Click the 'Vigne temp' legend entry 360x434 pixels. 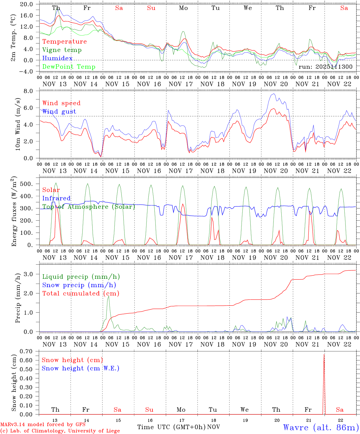(x=62, y=50)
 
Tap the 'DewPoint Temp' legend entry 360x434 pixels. (x=69, y=67)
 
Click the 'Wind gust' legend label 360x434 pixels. (x=59, y=112)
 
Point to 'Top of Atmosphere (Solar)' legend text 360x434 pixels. (x=89, y=207)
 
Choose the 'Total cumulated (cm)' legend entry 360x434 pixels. (x=81, y=294)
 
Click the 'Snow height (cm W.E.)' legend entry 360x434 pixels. (x=81, y=368)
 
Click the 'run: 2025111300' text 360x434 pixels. (x=325, y=67)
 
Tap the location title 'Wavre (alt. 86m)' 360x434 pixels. (x=321, y=427)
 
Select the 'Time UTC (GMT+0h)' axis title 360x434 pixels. (x=171, y=427)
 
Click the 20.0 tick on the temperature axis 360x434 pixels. (x=27, y=4)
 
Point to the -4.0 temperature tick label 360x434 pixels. (x=27, y=71)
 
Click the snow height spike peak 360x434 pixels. (x=324, y=354)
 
